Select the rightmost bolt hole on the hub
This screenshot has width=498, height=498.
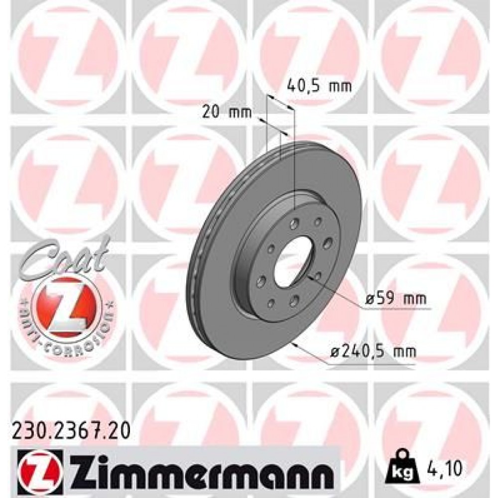pos(327,243)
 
